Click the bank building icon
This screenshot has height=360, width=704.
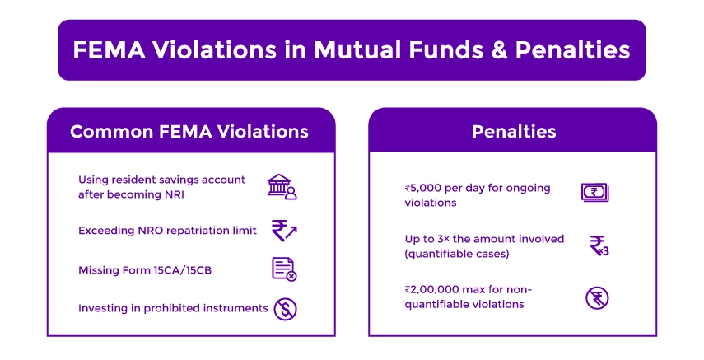tap(282, 186)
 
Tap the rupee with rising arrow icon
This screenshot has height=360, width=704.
tap(283, 230)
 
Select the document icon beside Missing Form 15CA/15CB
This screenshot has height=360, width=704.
tap(283, 269)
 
